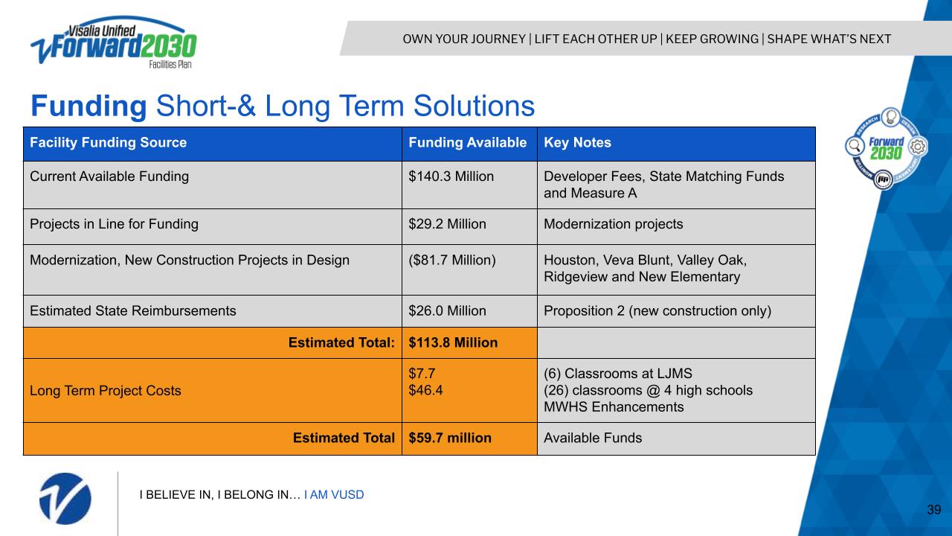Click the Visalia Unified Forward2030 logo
tap(114, 42)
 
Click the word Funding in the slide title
tap(89, 106)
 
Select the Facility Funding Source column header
tap(108, 142)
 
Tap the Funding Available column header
tap(468, 142)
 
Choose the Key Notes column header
tap(577, 142)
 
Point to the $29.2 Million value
tap(447, 224)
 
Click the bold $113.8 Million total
tap(453, 342)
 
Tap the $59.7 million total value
tap(450, 438)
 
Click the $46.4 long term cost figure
tap(425, 390)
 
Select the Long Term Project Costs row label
tap(105, 391)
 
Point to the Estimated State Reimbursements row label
tap(132, 310)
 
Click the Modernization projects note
tap(614, 224)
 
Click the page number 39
tap(933, 509)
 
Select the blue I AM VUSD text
tap(334, 495)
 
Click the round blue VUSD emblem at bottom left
tap(65, 499)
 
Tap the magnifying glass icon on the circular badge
tap(855, 146)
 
